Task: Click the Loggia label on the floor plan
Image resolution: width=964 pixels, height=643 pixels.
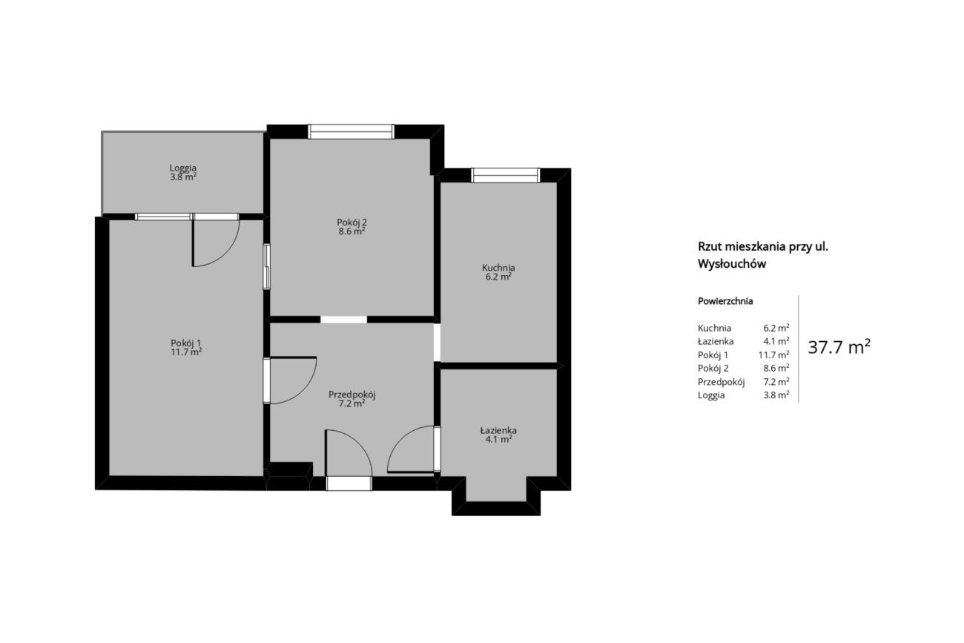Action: click(183, 168)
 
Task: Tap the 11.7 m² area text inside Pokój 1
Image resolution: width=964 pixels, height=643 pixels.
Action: click(186, 352)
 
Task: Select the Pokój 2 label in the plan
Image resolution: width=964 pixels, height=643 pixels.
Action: click(351, 222)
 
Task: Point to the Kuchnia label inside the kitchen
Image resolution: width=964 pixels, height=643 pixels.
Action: click(498, 268)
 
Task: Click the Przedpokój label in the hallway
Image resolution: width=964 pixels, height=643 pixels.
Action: click(352, 395)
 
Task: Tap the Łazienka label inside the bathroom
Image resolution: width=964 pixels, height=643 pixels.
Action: click(498, 430)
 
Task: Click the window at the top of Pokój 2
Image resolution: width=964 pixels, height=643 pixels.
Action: click(351, 132)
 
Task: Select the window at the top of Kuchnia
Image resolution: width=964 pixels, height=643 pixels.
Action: click(505, 175)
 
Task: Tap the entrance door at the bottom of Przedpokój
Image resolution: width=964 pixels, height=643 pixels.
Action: click(349, 484)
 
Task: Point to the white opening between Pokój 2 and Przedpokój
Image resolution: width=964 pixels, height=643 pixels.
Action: click(344, 320)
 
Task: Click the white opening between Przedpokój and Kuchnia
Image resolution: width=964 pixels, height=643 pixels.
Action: click(437, 342)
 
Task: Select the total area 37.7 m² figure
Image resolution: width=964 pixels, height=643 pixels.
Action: click(839, 347)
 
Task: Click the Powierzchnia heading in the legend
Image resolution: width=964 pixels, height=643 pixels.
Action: click(725, 301)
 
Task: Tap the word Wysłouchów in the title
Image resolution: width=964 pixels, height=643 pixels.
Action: click(732, 264)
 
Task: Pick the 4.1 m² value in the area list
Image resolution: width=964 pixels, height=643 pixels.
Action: click(776, 341)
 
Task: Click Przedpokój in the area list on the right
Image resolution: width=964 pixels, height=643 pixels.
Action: click(722, 382)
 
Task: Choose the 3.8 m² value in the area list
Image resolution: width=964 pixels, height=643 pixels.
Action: click(776, 395)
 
